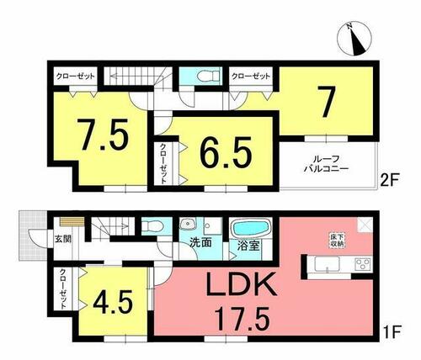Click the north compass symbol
click(355, 38)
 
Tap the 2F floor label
click(390, 177)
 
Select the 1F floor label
click(392, 331)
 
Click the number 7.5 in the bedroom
click(103, 135)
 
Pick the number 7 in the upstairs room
click(326, 102)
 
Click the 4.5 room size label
click(113, 302)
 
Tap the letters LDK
click(242, 283)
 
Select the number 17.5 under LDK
click(242, 318)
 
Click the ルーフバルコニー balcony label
click(326, 164)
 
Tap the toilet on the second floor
click(208, 76)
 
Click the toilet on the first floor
click(152, 225)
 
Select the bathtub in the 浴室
click(250, 228)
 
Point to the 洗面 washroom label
click(200, 243)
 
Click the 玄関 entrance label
click(62, 239)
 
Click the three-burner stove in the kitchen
click(363, 264)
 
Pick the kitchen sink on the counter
click(327, 264)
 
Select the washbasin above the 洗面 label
click(186, 224)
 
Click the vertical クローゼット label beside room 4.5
click(63, 289)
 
